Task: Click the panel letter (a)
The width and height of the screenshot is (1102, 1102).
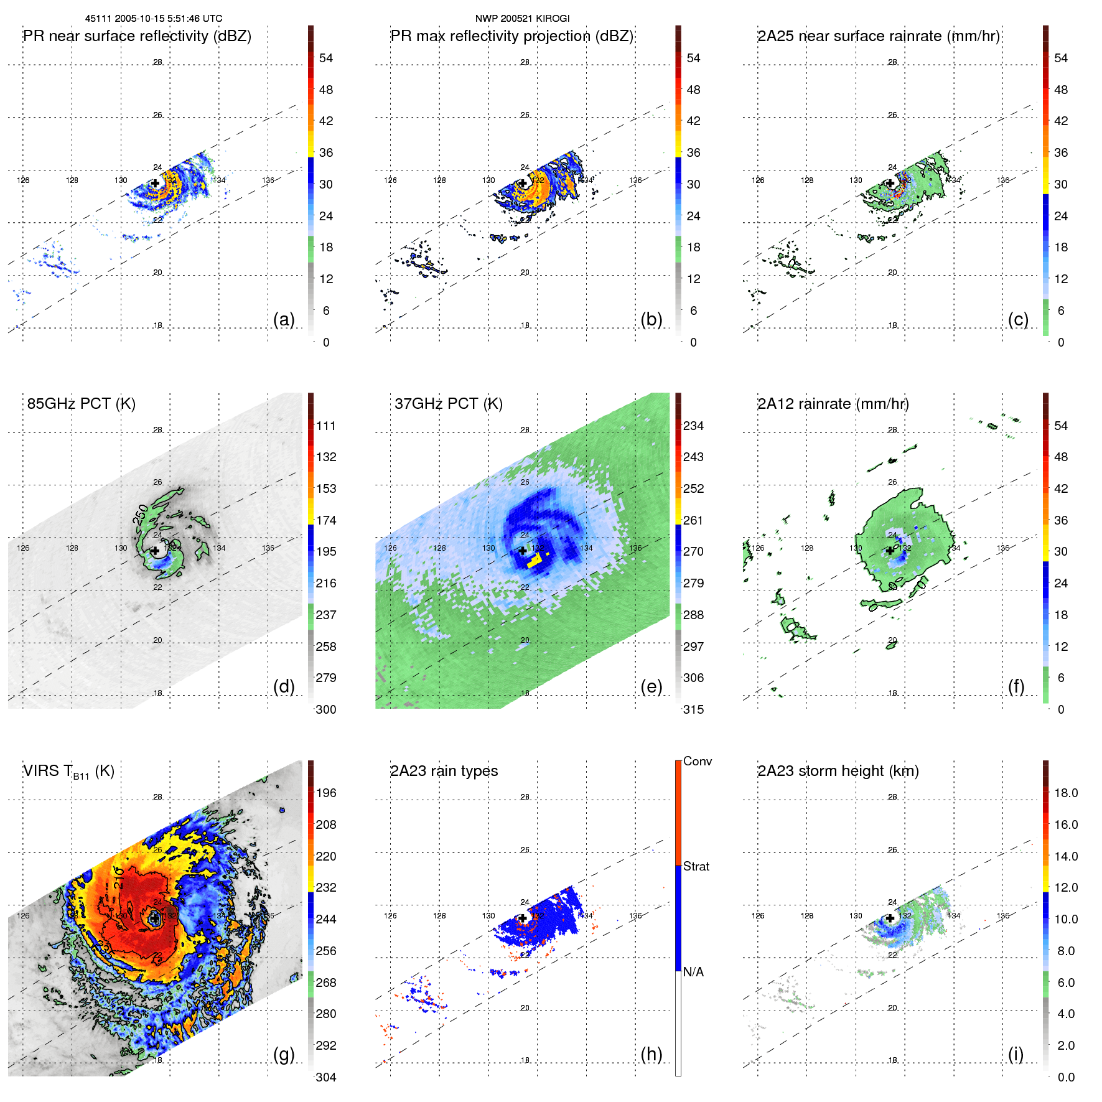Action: pyautogui.click(x=284, y=319)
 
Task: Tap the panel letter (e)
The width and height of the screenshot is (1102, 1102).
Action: pyautogui.click(x=651, y=686)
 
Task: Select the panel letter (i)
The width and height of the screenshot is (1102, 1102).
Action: pyautogui.click(x=1016, y=1054)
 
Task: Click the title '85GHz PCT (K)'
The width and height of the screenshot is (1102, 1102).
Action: pyautogui.click(x=81, y=403)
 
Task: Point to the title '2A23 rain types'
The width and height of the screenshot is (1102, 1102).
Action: pyautogui.click(x=444, y=771)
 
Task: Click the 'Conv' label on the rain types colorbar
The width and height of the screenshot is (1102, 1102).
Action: pyautogui.click(x=697, y=761)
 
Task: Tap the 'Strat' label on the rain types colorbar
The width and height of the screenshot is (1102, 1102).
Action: pyautogui.click(x=696, y=866)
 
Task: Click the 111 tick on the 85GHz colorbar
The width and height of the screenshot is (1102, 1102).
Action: pyautogui.click(x=325, y=426)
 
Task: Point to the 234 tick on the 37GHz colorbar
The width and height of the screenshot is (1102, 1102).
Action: pyautogui.click(x=693, y=426)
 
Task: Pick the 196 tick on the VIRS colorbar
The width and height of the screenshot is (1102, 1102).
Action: pyautogui.click(x=325, y=793)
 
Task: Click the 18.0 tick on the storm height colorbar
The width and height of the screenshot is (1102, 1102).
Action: pyautogui.click(x=1065, y=793)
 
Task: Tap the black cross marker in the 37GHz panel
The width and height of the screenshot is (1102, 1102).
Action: pyautogui.click(x=523, y=551)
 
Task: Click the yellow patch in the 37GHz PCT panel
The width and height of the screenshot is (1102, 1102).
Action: pyautogui.click(x=535, y=561)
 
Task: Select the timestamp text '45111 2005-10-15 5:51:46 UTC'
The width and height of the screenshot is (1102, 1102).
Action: pyautogui.click(x=153, y=19)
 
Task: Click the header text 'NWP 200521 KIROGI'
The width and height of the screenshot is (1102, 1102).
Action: pyautogui.click(x=522, y=19)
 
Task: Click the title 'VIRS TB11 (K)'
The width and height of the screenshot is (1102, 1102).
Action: pyautogui.click(x=68, y=772)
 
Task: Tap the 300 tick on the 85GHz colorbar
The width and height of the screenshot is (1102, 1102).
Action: pyautogui.click(x=325, y=709)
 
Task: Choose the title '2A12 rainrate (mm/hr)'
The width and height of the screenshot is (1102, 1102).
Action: pyautogui.click(x=833, y=403)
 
